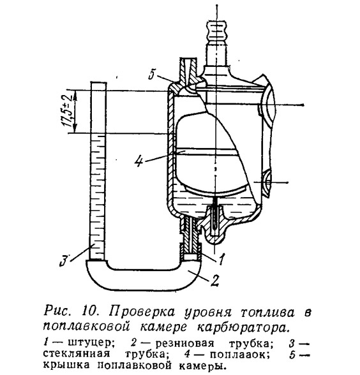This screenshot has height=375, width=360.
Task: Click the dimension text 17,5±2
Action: coord(66,111)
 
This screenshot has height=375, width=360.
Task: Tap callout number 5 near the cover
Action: coord(152,74)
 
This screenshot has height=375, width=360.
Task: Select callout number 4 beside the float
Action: coord(139,162)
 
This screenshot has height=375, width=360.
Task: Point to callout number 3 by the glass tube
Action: coord(64,261)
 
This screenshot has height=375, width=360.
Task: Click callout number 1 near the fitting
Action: coord(221,260)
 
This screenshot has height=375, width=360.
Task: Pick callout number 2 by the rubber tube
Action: coord(214,281)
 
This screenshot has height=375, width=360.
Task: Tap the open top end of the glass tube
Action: coord(98,82)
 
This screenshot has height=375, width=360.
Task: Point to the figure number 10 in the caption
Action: coord(89,311)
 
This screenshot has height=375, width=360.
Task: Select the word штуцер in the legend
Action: coord(89,344)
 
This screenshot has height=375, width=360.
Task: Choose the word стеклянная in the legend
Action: coord(76,354)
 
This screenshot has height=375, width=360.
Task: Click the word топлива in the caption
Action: coord(267,312)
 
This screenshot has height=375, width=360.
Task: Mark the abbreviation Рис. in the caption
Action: coord(57,312)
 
